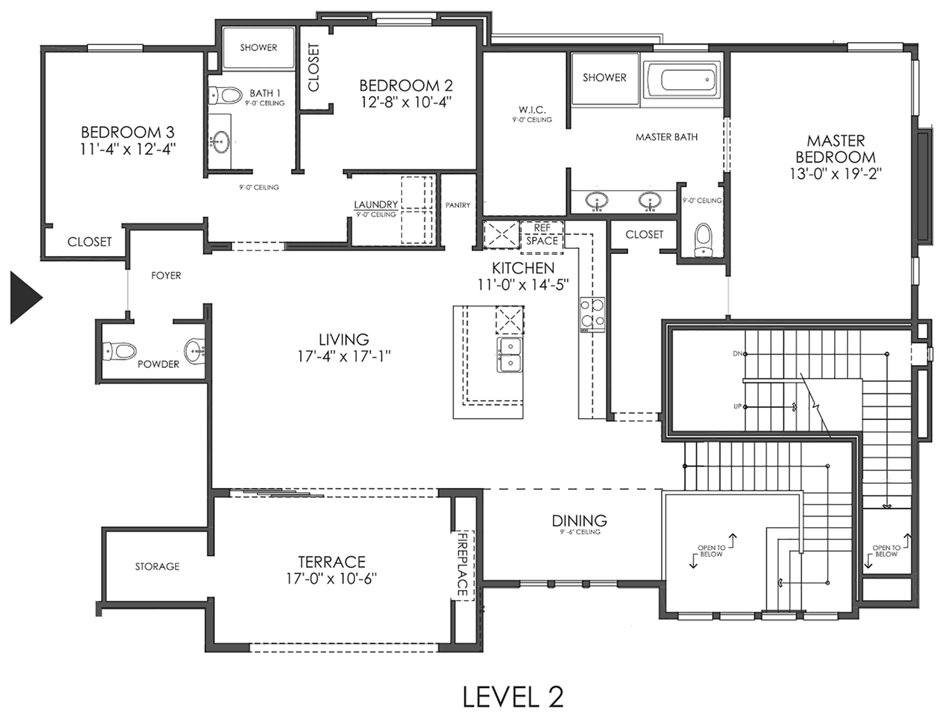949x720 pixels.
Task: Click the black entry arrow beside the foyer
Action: point(24,297)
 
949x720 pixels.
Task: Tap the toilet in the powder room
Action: point(119,351)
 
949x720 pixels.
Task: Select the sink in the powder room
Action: point(195,351)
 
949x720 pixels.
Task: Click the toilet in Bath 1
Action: point(226,95)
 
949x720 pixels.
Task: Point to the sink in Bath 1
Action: point(220,142)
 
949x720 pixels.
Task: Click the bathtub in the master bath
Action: point(682,81)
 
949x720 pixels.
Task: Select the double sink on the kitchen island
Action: point(509,355)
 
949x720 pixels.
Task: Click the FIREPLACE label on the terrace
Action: point(462,564)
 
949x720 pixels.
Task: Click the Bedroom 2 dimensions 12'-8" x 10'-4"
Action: point(406,103)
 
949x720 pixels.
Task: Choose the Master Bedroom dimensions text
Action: point(836,173)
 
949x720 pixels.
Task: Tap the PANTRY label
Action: point(457,205)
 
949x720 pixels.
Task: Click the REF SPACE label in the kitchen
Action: point(542,234)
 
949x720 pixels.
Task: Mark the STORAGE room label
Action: point(157,566)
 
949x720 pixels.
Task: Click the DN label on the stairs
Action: point(737,354)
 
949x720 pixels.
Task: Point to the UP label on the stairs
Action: point(737,407)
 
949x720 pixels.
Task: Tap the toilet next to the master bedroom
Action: point(703,240)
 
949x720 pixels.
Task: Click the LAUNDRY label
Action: point(376,204)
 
